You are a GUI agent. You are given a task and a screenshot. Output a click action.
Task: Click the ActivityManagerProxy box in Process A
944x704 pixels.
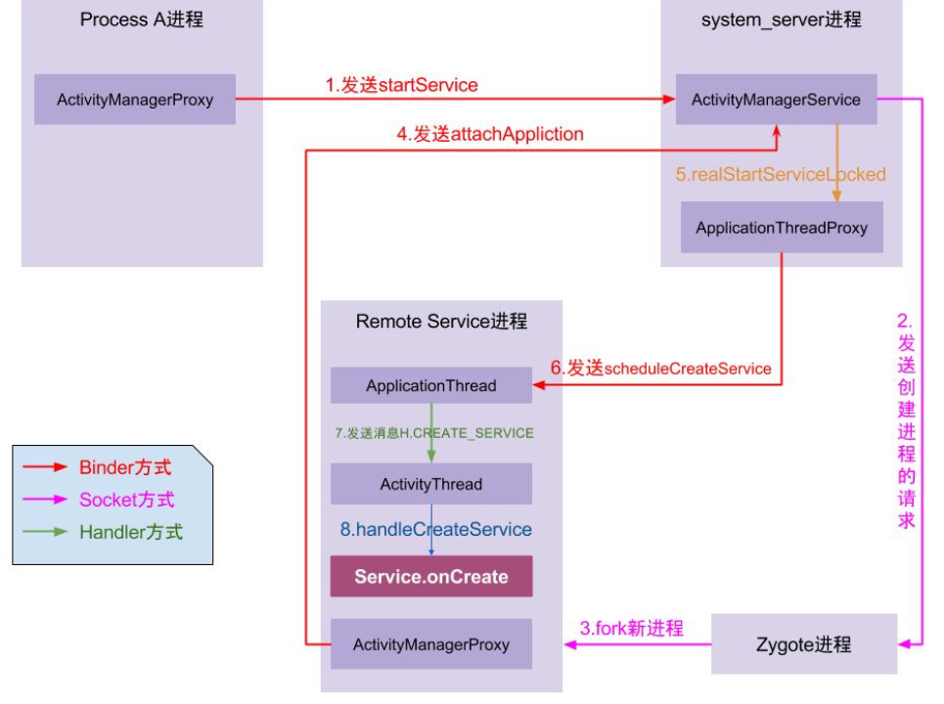click(135, 100)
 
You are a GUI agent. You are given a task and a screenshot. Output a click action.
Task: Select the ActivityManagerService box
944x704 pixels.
click(776, 100)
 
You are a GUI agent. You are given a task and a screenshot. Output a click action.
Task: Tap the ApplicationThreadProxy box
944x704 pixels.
click(782, 228)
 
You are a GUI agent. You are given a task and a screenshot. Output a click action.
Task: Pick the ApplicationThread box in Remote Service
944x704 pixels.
click(431, 385)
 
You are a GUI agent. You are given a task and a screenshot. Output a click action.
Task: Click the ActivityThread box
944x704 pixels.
click(431, 484)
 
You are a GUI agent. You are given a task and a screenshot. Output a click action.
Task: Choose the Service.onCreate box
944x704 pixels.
click(431, 576)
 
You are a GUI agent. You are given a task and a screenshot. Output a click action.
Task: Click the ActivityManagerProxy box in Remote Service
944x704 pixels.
click(431, 644)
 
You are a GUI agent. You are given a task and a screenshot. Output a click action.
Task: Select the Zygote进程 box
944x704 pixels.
click(804, 644)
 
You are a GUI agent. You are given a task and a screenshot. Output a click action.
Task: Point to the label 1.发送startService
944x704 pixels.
click(402, 85)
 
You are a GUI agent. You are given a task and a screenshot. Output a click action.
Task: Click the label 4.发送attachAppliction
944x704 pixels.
click(490, 135)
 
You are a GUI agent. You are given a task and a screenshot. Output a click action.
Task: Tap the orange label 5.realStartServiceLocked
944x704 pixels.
click(781, 175)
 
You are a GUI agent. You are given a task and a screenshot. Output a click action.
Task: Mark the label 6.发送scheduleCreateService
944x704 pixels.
click(660, 369)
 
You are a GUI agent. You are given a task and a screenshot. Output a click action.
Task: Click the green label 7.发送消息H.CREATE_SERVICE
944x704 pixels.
click(434, 432)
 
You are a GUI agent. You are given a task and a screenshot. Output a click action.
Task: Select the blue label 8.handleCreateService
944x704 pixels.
click(436, 529)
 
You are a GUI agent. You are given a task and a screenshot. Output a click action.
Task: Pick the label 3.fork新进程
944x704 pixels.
click(632, 628)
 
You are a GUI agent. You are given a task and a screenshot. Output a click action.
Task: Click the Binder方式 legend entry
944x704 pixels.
click(124, 467)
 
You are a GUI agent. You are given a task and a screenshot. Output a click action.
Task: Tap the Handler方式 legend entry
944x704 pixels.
click(130, 533)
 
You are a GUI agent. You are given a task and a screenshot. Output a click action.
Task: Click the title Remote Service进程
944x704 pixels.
click(441, 322)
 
